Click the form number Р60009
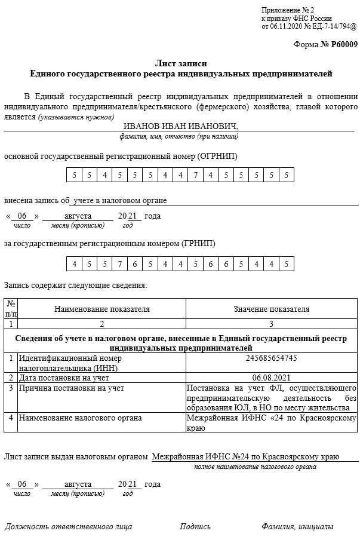(x=342, y=45)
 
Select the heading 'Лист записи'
(x=181, y=63)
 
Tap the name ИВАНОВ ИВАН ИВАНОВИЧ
(x=180, y=126)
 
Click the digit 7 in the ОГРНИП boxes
(x=195, y=175)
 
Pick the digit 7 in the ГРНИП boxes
(x=119, y=263)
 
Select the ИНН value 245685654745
(x=271, y=358)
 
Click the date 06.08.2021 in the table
(x=271, y=378)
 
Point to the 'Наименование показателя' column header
(x=102, y=309)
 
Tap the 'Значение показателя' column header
(x=271, y=309)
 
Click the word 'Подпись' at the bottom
(x=195, y=526)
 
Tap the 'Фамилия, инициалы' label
(x=297, y=526)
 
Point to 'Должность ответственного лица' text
(x=68, y=526)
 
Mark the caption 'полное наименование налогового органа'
(x=255, y=467)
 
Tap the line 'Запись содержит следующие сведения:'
(x=75, y=285)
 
